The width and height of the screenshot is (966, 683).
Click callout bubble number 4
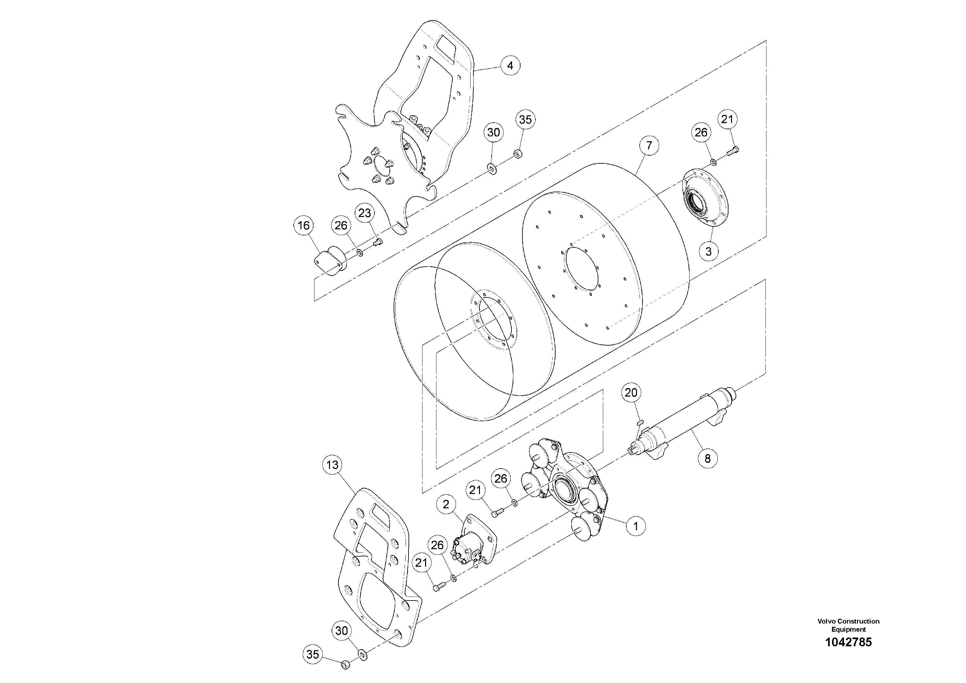click(510, 65)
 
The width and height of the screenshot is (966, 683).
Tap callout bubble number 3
click(708, 251)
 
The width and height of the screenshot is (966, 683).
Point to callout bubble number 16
click(304, 225)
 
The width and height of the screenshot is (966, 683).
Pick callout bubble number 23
click(364, 213)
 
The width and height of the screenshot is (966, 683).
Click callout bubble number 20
click(631, 393)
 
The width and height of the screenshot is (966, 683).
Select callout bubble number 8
click(707, 458)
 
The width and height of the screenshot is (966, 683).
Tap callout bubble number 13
click(332, 465)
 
